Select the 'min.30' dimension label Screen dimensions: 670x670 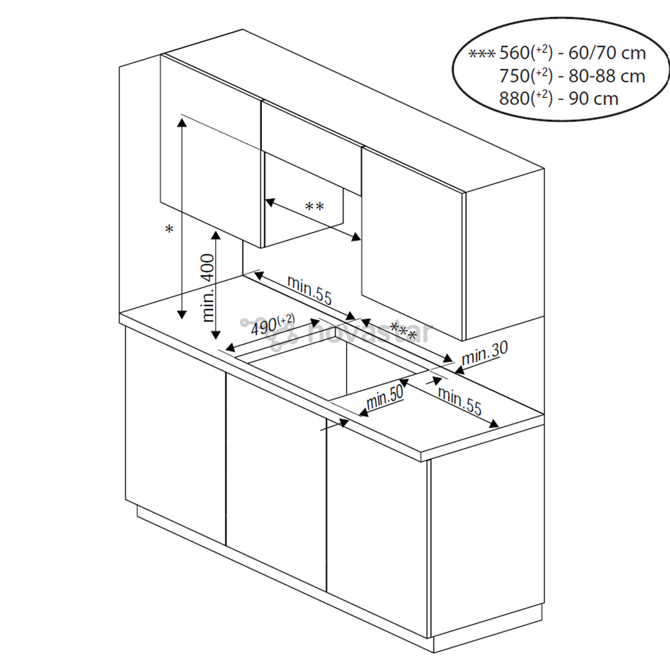coord(485,353)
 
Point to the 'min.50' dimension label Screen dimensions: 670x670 coord(385,397)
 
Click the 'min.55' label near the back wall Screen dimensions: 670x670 coord(309,290)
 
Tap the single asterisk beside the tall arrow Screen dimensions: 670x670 coord(169,230)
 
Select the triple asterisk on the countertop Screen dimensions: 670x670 coord(403,334)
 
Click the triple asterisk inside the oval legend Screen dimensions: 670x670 coord(481,55)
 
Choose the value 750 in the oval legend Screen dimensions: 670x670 coord(514,76)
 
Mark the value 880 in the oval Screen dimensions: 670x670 coord(514,99)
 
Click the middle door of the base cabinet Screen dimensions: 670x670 coord(276,478)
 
